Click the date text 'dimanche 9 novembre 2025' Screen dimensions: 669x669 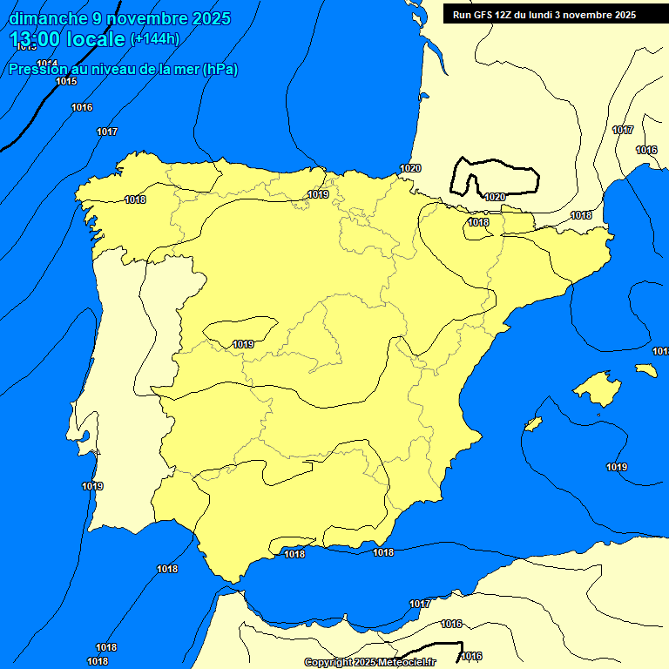pyautogui.click(x=119, y=18)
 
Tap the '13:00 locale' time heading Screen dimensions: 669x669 pyautogui.click(x=67, y=39)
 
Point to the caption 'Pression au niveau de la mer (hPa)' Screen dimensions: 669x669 pyautogui.click(x=124, y=70)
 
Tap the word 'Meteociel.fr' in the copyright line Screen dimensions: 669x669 pyautogui.click(x=406, y=662)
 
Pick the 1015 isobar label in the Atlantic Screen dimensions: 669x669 pyautogui.click(x=66, y=81)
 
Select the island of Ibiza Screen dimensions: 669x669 pyautogui.click(x=533, y=422)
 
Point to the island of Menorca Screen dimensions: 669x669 pyautogui.click(x=645, y=370)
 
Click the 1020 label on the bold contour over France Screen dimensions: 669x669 pyautogui.click(x=494, y=197)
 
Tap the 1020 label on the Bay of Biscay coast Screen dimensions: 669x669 pyautogui.click(x=410, y=168)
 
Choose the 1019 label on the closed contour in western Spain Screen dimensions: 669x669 pyautogui.click(x=243, y=344)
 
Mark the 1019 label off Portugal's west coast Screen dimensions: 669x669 pyautogui.click(x=92, y=486)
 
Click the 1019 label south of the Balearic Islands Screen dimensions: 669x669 pyautogui.click(x=617, y=467)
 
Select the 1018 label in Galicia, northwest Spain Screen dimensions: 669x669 pyautogui.click(x=135, y=199)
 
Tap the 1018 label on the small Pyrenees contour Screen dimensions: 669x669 pyautogui.click(x=478, y=222)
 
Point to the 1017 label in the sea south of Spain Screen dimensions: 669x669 pyautogui.click(x=420, y=604)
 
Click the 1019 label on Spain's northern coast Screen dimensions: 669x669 pyautogui.click(x=318, y=194)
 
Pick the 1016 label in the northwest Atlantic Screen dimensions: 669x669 pyautogui.click(x=82, y=107)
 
